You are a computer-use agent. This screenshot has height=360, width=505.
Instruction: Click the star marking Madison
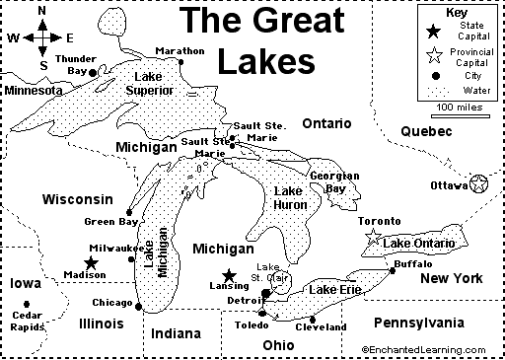click(x=91, y=262)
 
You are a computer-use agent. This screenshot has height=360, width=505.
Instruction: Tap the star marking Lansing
click(x=229, y=276)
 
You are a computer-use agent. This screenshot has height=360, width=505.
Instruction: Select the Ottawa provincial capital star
click(x=478, y=183)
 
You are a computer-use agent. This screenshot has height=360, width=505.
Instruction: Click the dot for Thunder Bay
click(x=93, y=72)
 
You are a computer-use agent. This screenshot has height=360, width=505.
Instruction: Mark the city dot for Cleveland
click(x=313, y=319)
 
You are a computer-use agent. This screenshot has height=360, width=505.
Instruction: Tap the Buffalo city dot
click(x=392, y=271)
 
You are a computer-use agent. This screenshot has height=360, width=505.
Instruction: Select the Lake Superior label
click(x=150, y=84)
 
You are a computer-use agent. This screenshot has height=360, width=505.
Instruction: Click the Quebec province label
click(x=426, y=131)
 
